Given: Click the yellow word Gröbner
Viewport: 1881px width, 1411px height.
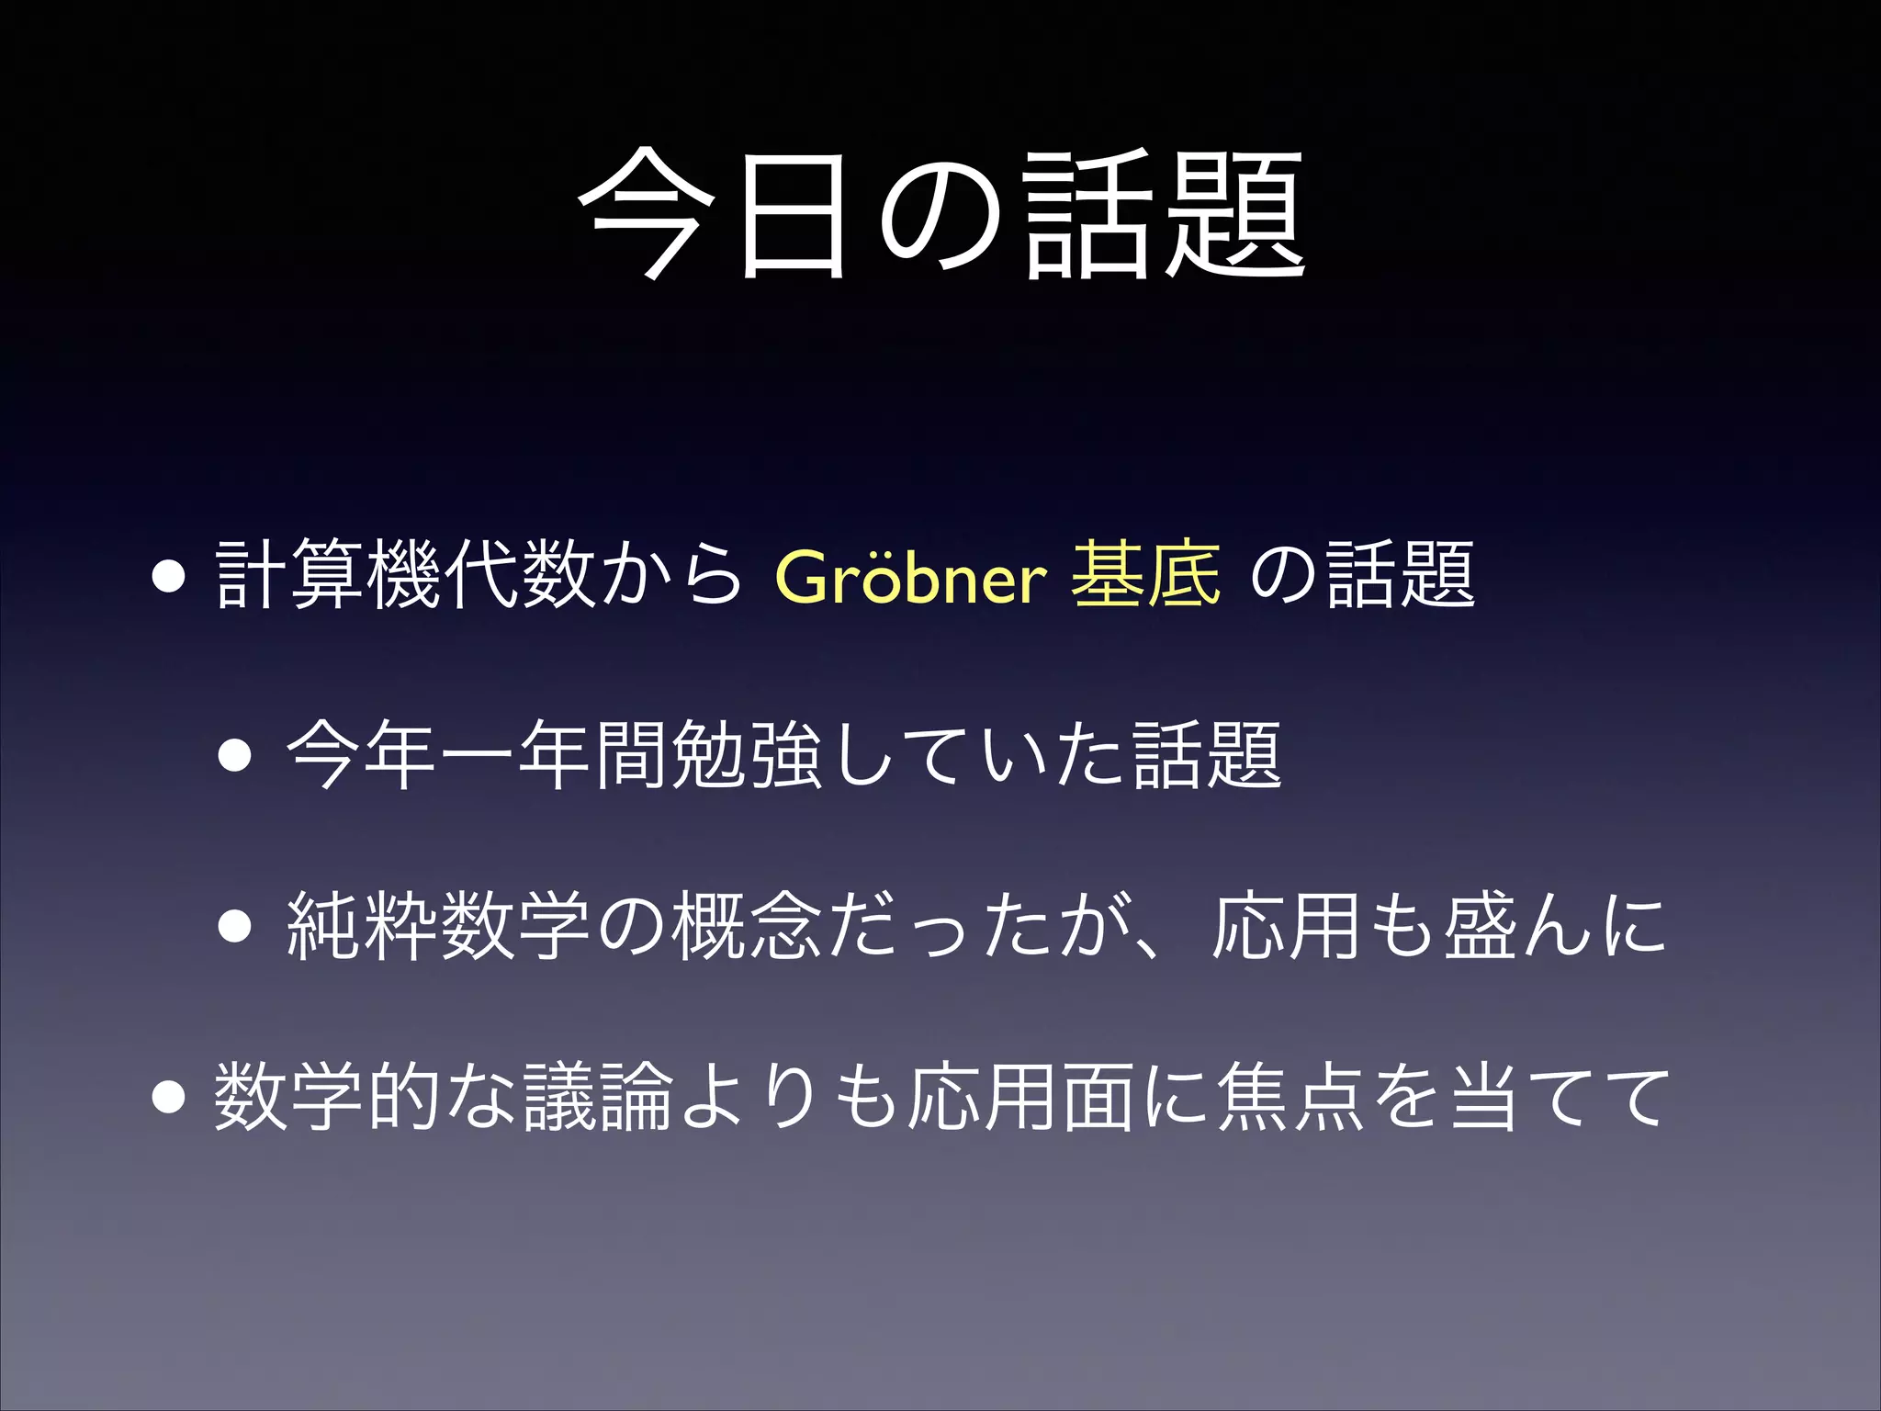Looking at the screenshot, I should [910, 577].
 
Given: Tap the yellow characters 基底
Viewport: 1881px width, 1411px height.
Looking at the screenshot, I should [1145, 575].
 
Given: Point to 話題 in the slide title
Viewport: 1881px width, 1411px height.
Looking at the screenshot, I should [1165, 216].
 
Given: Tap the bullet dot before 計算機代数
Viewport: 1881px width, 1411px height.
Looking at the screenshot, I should [170, 579].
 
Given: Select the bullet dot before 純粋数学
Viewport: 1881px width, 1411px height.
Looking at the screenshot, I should [235, 927].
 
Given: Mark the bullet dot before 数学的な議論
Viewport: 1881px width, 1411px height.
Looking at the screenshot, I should [170, 1097].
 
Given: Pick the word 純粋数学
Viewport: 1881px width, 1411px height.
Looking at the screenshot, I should [438, 926].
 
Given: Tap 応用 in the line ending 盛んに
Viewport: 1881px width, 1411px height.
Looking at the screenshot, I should [1286, 926].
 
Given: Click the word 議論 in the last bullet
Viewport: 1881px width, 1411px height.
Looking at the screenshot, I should [598, 1097].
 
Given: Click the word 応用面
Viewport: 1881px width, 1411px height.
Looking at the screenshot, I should [1019, 1097].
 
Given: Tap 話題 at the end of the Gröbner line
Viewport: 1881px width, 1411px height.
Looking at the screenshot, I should [1401, 576].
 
